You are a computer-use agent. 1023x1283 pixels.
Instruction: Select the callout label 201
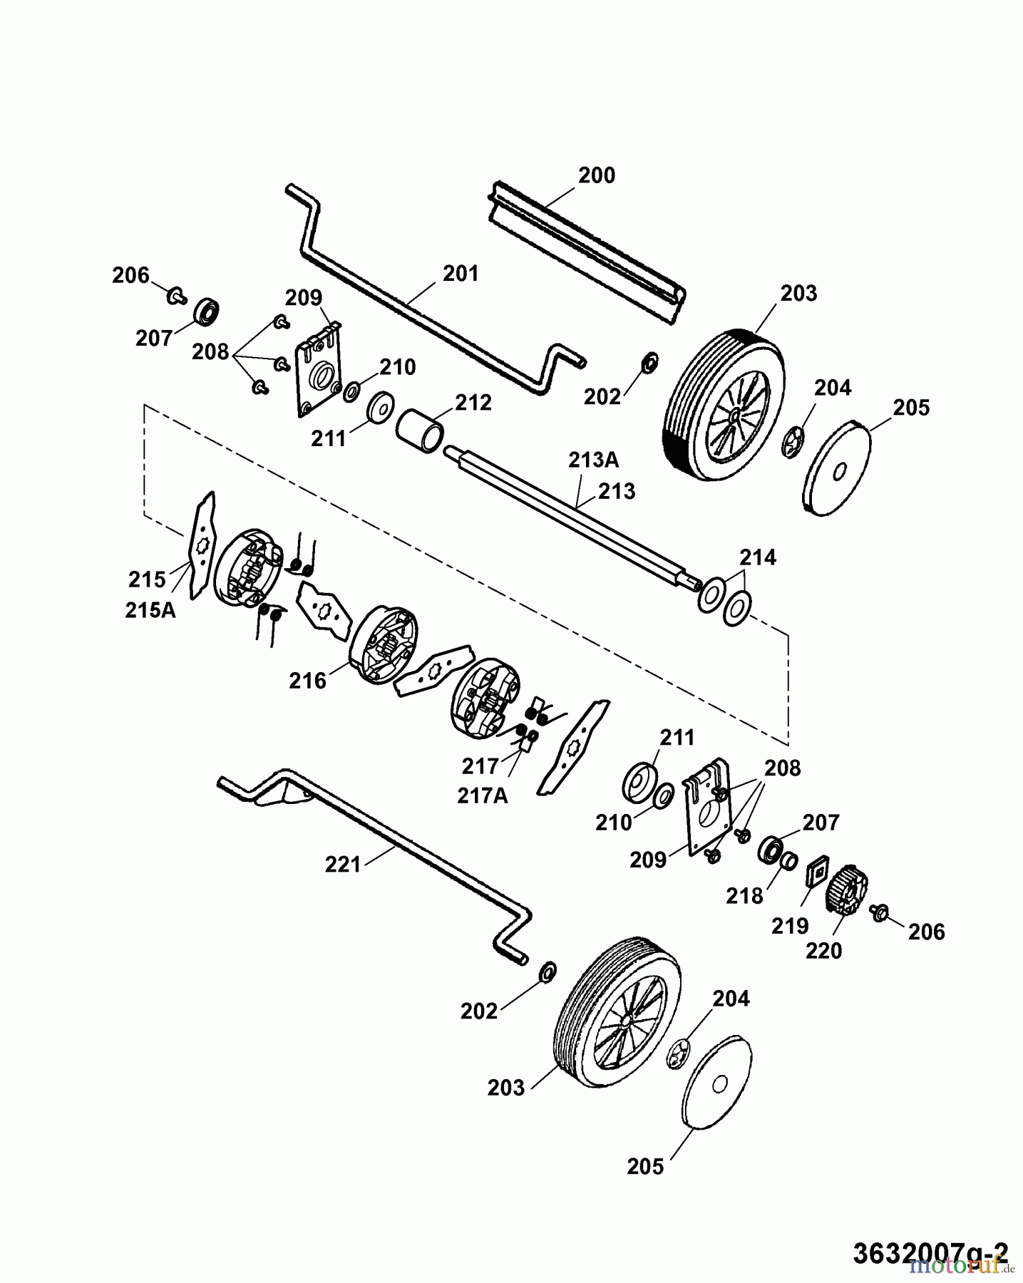point(461,274)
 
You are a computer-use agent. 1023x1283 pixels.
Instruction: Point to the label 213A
point(593,460)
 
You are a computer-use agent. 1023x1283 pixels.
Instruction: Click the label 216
point(307,681)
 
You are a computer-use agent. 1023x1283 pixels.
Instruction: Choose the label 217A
point(483,795)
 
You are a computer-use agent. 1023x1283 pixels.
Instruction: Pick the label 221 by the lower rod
point(344,865)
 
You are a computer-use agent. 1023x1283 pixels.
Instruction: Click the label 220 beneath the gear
point(823,950)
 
